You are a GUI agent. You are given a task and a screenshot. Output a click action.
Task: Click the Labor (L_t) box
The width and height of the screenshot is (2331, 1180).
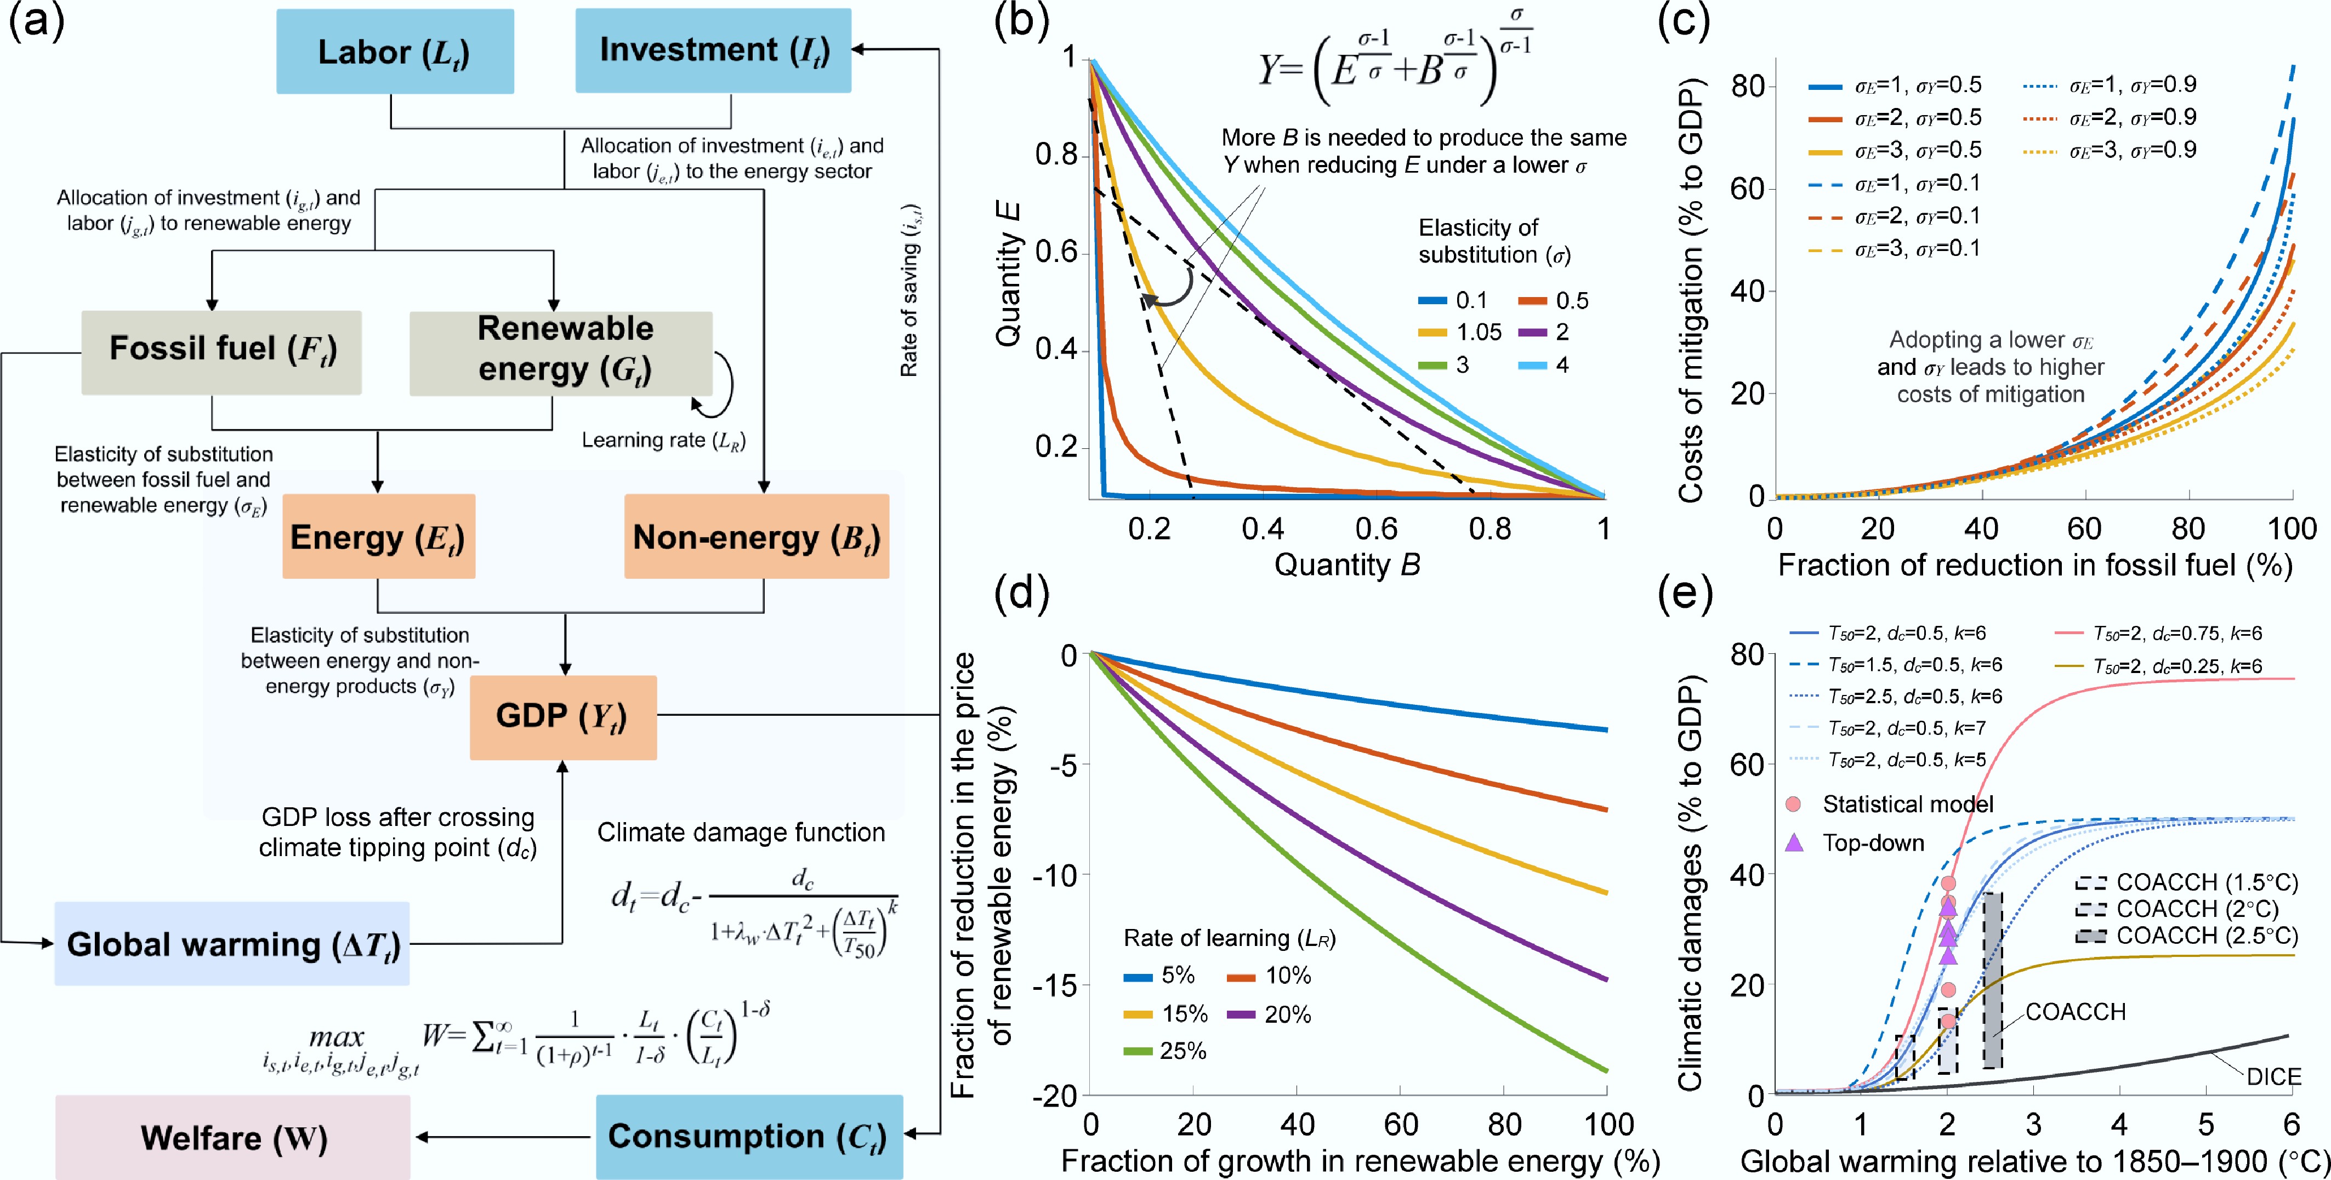[x=395, y=52]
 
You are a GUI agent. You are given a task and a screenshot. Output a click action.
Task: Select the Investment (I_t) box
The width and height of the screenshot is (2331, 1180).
[x=713, y=50]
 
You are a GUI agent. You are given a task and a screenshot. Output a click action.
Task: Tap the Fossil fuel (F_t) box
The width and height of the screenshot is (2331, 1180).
[x=221, y=351]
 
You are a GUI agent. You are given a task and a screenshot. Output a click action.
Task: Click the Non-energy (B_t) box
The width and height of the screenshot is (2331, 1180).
[x=757, y=537]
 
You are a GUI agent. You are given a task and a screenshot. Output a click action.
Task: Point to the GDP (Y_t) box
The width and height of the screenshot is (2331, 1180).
[x=563, y=717]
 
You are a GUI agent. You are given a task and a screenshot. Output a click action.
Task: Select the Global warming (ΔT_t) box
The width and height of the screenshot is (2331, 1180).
[x=232, y=944]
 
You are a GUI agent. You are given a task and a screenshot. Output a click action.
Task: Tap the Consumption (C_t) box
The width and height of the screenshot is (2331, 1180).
[x=749, y=1137]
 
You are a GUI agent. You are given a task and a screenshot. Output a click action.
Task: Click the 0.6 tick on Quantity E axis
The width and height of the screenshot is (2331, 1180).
[x=1056, y=253]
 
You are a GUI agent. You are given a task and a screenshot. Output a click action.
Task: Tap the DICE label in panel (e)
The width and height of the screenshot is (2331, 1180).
[x=2273, y=1077]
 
